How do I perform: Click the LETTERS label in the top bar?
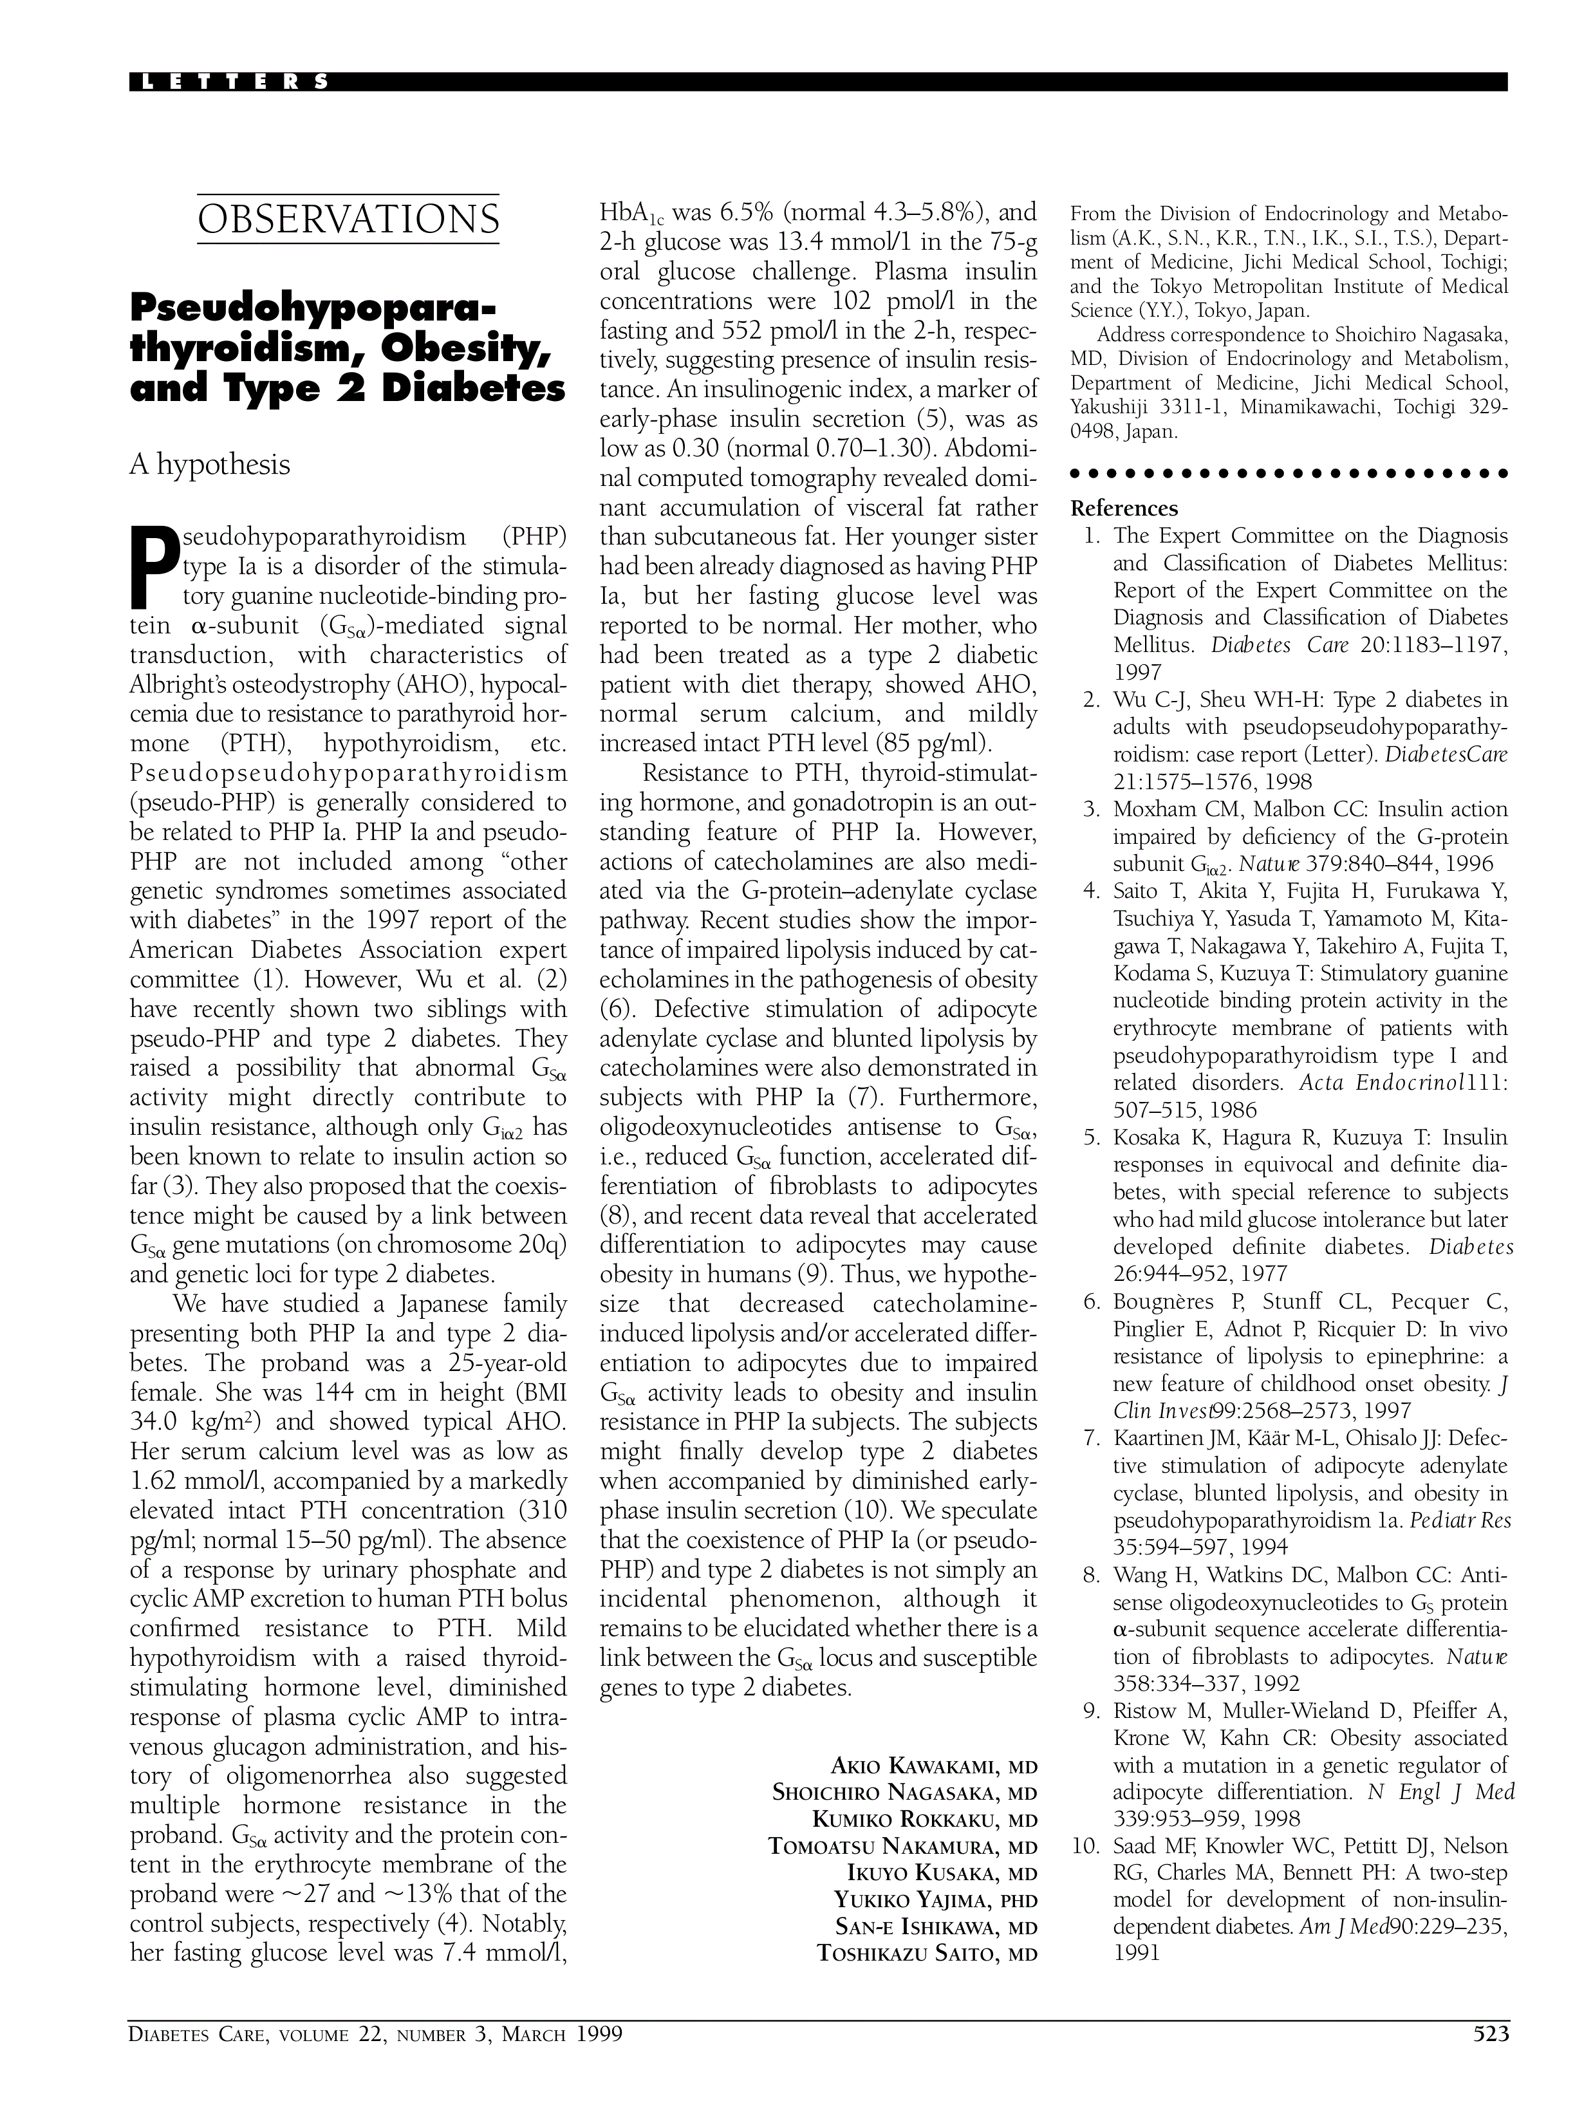(234, 82)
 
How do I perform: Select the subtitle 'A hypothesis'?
(210, 465)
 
